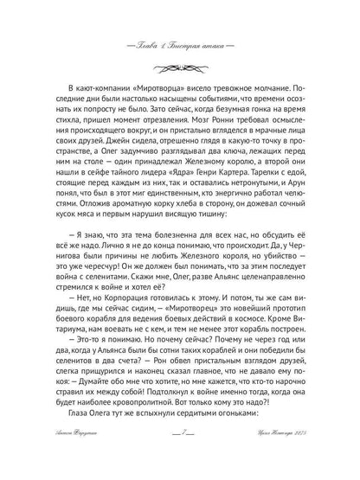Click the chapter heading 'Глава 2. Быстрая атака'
pos(179,45)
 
